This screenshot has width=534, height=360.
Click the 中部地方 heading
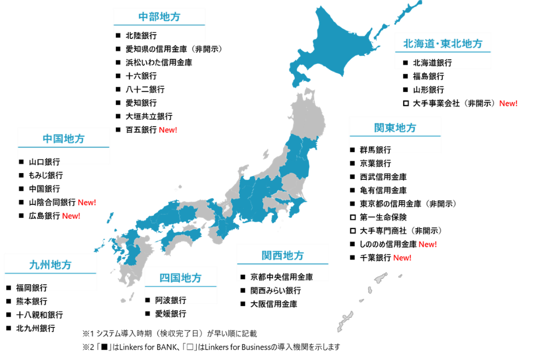pos(159,17)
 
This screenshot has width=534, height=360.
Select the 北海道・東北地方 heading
pos(443,43)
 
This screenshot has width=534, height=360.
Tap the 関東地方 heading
pos(395,128)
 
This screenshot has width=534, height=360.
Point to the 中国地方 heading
pos(64,139)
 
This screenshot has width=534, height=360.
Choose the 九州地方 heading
pos(50,265)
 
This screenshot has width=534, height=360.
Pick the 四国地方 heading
pos(180,278)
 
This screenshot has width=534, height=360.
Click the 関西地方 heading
pos(282,255)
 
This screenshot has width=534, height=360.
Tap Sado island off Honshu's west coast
pos(265,154)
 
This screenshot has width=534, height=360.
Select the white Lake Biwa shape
pos(226,208)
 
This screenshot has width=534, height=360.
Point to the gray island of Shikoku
pos(179,243)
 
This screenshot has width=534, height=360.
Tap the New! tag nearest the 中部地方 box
pos(168,130)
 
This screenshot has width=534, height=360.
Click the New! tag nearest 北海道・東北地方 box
pos(508,104)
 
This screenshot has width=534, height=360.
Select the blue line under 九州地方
pos(50,273)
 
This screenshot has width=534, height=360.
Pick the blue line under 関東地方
pos(395,136)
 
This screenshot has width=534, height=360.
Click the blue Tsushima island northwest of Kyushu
pos(110,217)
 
